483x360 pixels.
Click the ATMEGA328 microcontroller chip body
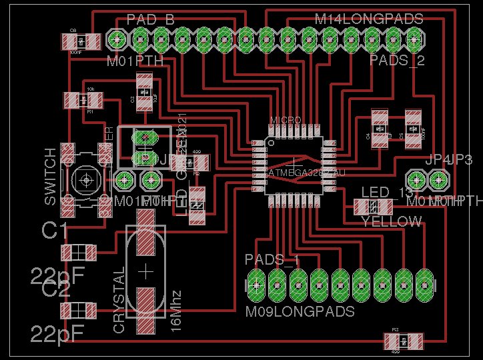pyautogui.click(x=294, y=166)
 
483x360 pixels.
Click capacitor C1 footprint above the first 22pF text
pyautogui.click(x=79, y=253)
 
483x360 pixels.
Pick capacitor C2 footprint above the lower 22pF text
pyautogui.click(x=79, y=311)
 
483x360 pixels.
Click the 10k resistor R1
pyautogui.click(x=83, y=101)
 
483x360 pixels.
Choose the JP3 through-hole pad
pyautogui.click(x=438, y=179)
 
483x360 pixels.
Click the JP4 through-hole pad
pyautogui.click(x=416, y=179)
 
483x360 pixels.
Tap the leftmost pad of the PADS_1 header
pyautogui.click(x=256, y=285)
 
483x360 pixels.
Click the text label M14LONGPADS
pyautogui.click(x=369, y=19)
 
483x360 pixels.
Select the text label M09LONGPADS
pyautogui.click(x=300, y=311)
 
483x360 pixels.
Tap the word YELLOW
pyautogui.click(x=392, y=221)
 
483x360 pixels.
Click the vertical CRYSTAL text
pyautogui.click(x=119, y=301)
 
